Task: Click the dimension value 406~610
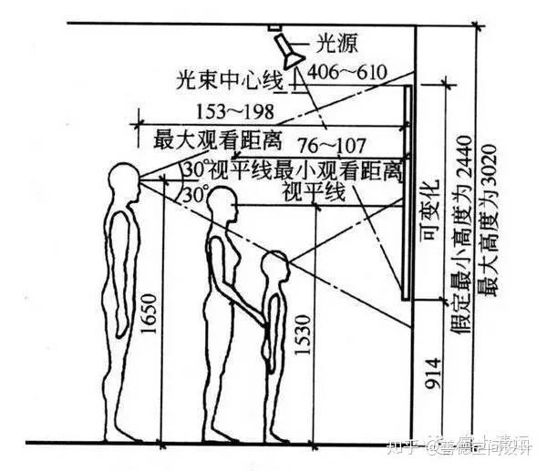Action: click(347, 71)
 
